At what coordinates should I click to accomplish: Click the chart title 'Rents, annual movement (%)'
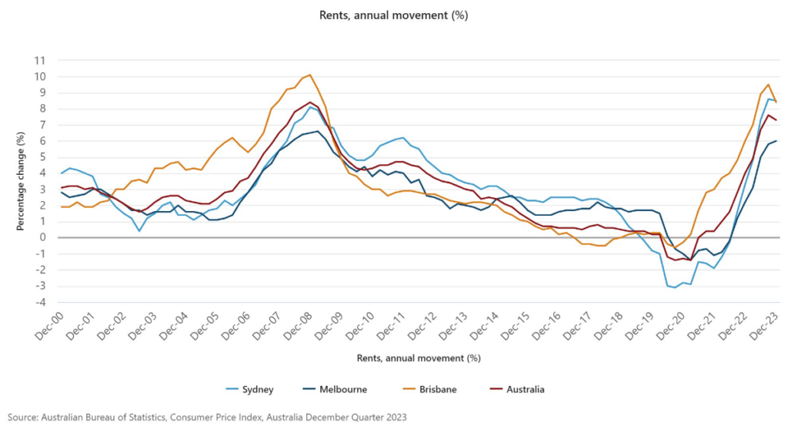coord(394,15)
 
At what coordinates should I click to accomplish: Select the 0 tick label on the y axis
coord(42,237)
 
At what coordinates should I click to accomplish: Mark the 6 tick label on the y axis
coord(42,141)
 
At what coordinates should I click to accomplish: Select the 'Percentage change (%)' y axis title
coord(21,181)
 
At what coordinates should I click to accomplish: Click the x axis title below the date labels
coord(419,358)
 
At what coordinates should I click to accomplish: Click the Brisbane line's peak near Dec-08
coord(309,75)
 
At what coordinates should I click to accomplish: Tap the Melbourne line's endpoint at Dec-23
coord(776,140)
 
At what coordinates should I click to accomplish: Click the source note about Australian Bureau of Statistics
coord(207,417)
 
